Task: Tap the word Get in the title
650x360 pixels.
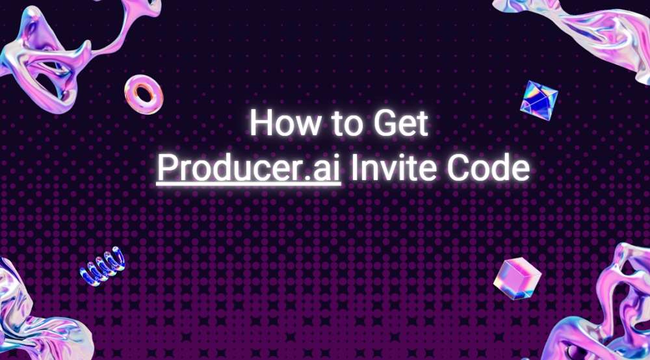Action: pyautogui.click(x=401, y=123)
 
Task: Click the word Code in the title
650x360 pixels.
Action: pyautogui.click(x=488, y=168)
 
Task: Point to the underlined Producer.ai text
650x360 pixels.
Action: pyautogui.click(x=249, y=168)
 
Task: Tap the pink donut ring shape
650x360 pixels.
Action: pyautogui.click(x=144, y=95)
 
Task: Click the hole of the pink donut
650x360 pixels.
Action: pyautogui.click(x=144, y=94)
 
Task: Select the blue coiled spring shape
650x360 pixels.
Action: pyautogui.click(x=103, y=266)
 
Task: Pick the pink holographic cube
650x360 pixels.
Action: pyautogui.click(x=517, y=278)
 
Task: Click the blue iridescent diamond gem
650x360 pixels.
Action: pyautogui.click(x=539, y=100)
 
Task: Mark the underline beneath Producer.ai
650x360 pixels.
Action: pyautogui.click(x=249, y=184)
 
